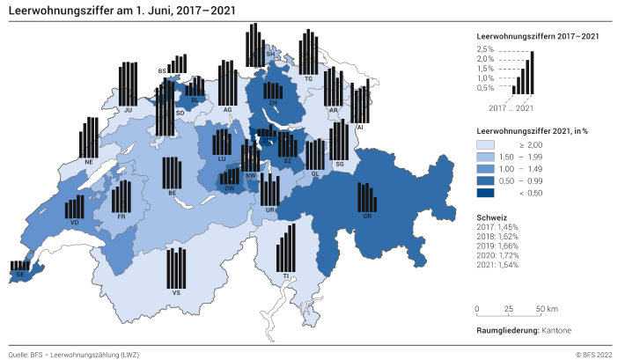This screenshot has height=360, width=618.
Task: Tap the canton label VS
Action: click(x=177, y=291)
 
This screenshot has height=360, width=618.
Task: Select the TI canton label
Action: click(x=286, y=276)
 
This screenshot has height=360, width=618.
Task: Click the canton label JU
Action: click(x=129, y=110)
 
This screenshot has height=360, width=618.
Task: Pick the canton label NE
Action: click(x=89, y=162)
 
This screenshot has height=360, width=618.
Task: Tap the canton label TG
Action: click(x=308, y=79)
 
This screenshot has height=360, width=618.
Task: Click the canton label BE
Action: click(x=172, y=193)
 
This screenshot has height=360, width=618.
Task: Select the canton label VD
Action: click(x=74, y=222)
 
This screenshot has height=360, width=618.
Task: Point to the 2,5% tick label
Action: click(x=485, y=48)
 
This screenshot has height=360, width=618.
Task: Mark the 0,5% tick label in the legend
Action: click(x=485, y=87)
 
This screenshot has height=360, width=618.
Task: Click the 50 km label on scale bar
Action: click(x=547, y=309)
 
